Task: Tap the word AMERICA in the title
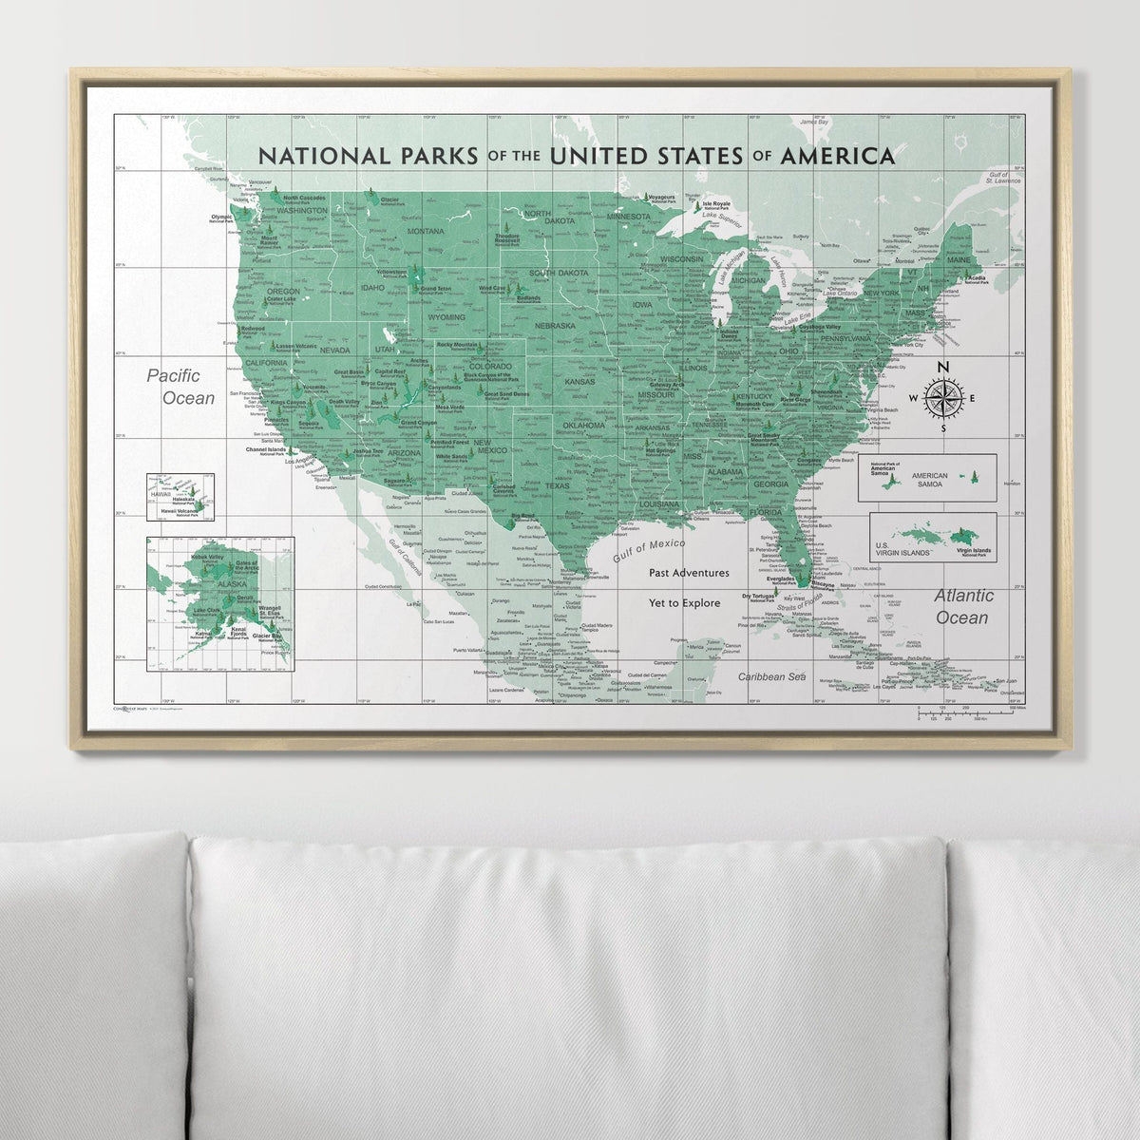tap(836, 155)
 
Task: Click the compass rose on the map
tap(942, 398)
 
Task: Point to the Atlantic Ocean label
tap(963, 606)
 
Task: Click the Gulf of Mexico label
tap(650, 548)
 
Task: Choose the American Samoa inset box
tap(926, 476)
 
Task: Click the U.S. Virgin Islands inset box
tap(933, 537)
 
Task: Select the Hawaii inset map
tap(180, 497)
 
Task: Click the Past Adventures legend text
tap(689, 573)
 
